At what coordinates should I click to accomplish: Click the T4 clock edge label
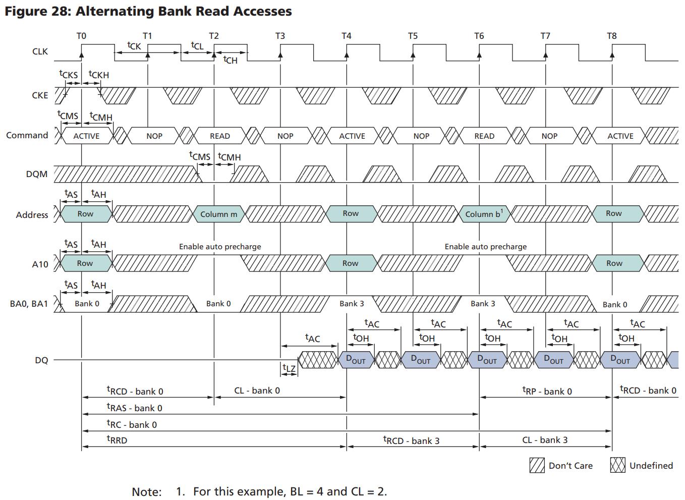346,36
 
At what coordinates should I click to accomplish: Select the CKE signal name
40,95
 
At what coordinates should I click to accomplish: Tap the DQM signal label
37,174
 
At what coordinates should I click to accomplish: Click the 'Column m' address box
218,214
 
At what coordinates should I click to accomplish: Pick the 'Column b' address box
484,214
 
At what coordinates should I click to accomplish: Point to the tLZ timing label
289,369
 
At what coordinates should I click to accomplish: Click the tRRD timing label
117,440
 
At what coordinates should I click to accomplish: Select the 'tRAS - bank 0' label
134,408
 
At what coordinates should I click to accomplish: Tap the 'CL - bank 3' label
545,440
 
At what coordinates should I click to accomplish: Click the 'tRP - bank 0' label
547,391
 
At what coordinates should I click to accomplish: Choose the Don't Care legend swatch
537,465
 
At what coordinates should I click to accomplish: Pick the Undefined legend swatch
617,465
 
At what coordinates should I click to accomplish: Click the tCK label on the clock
134,46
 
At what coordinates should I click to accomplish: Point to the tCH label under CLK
230,60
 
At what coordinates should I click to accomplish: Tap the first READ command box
219,136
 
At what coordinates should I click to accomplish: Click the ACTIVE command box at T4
352,136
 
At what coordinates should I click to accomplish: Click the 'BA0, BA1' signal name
29,304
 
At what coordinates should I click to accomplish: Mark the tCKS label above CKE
69,75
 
